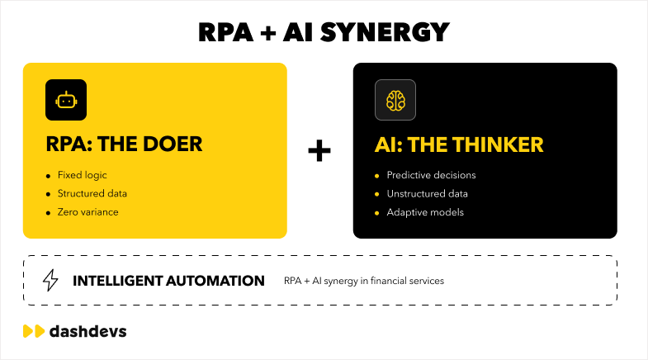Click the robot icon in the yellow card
click(x=66, y=101)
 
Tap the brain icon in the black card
click(x=395, y=101)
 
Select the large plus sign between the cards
click(x=319, y=150)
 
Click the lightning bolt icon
click(x=50, y=280)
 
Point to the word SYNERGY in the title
click(x=385, y=32)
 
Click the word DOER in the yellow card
click(x=173, y=144)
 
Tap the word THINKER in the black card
click(x=498, y=144)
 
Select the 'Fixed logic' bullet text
click(x=83, y=175)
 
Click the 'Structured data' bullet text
click(x=92, y=193)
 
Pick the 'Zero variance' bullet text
click(x=88, y=212)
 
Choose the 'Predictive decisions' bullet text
click(x=431, y=175)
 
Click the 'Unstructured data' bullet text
click(x=428, y=193)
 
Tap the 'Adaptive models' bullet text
click(x=425, y=212)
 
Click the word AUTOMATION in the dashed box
click(x=215, y=281)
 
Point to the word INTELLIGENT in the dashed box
click(x=118, y=281)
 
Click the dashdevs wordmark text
click(x=88, y=331)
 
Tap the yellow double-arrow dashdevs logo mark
click(x=34, y=331)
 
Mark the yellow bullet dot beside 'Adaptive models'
click(x=376, y=213)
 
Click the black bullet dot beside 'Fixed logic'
click(x=49, y=176)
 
